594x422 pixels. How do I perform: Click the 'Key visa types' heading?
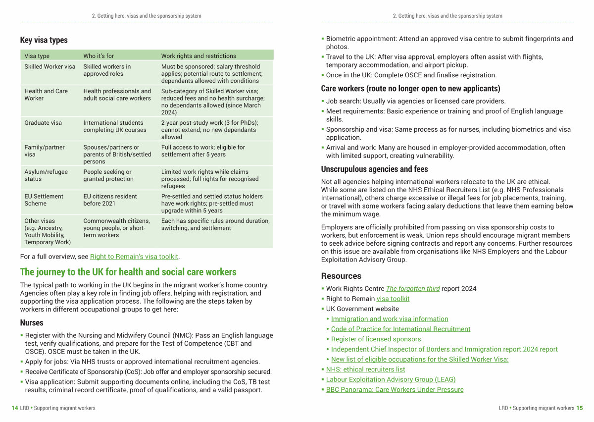tap(44, 40)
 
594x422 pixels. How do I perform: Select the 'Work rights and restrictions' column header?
tap(198, 56)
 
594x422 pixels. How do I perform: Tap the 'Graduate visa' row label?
tap(43, 123)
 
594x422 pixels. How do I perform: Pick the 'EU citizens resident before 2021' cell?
tap(110, 200)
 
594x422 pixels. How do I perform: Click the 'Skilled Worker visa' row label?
tap(49, 66)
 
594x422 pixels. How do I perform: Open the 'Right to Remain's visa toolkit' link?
tap(134, 257)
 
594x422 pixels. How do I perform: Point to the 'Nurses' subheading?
tap(32, 323)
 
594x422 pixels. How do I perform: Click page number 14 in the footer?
tap(15, 408)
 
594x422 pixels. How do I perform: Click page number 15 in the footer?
tap(580, 408)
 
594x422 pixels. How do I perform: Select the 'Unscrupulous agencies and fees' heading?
tap(374, 169)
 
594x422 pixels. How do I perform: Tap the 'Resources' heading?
tap(341, 276)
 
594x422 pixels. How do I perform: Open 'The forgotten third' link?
tap(413, 289)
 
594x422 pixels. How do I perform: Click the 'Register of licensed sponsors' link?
tap(376, 339)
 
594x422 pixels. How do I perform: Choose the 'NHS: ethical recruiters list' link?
tap(365, 369)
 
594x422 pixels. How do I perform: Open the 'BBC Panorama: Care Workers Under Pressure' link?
tap(395, 390)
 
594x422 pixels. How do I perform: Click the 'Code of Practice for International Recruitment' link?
tap(400, 329)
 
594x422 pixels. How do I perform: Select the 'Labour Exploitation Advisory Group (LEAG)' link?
tap(391, 379)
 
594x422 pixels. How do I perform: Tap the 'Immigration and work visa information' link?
tap(390, 319)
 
